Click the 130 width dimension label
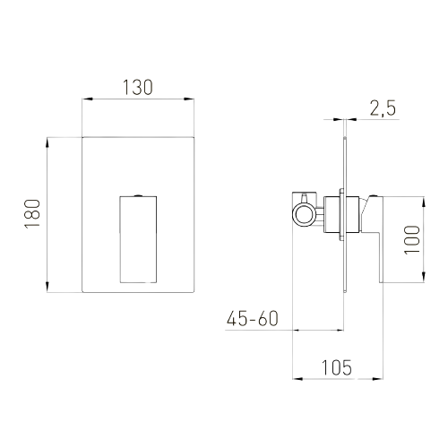click(x=138, y=88)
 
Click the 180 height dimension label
click(x=32, y=213)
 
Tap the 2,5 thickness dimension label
click(x=383, y=108)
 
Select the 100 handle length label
click(x=412, y=240)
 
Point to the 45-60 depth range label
click(x=253, y=318)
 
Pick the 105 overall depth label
click(x=337, y=367)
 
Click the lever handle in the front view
click(x=138, y=239)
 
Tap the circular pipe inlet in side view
click(x=304, y=214)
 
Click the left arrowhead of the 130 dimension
click(x=88, y=99)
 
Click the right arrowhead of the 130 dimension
click(x=189, y=99)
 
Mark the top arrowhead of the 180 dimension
click(x=47, y=142)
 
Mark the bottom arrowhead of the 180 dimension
click(x=47, y=287)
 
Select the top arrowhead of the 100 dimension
click(x=424, y=202)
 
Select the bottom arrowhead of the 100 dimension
click(x=424, y=277)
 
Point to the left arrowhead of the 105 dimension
click(x=297, y=379)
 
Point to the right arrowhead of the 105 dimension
click(x=377, y=379)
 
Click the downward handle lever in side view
click(x=377, y=239)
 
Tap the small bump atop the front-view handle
click(x=138, y=195)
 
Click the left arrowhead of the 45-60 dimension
click(x=299, y=330)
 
